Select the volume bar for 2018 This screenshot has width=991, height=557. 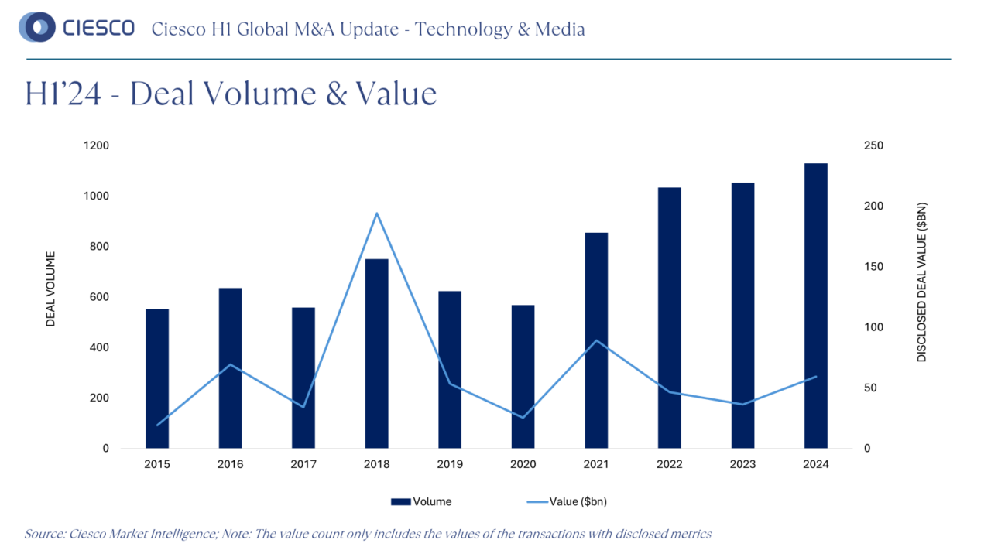point(376,354)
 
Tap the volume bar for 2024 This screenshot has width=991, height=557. point(815,306)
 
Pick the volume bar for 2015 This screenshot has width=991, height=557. point(157,378)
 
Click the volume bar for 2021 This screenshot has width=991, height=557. point(596,340)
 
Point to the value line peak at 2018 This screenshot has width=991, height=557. point(376,213)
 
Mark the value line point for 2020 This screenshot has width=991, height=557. point(523,418)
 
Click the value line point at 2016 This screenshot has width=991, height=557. point(230,364)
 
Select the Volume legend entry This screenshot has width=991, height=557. point(421,501)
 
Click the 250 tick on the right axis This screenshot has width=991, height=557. point(873,145)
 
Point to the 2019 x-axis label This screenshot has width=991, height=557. point(450,464)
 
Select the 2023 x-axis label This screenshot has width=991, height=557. point(742,464)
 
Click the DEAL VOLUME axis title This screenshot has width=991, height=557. point(51,289)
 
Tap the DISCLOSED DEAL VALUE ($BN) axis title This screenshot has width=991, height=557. point(921,282)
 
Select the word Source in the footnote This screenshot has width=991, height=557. point(43,534)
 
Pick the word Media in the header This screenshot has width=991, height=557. point(561,29)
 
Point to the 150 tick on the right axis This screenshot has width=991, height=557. point(873,267)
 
